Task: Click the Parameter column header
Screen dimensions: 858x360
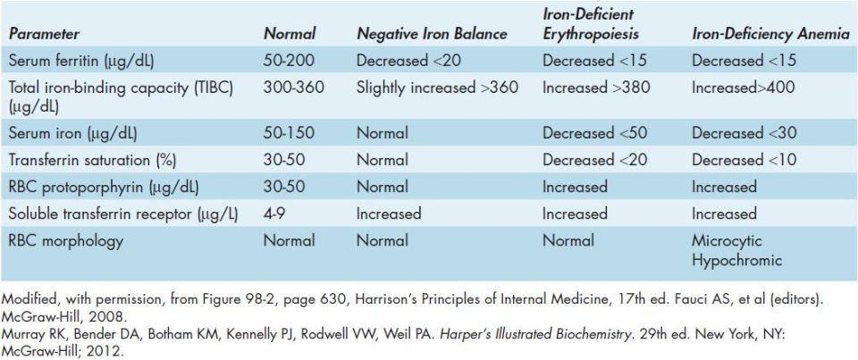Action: click(x=44, y=34)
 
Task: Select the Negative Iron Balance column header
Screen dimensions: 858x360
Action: click(x=432, y=34)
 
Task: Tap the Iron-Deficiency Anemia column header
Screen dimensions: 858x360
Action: click(x=771, y=34)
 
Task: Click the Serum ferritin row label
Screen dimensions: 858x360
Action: click(x=81, y=61)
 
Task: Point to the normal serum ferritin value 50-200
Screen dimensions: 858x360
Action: click(x=289, y=60)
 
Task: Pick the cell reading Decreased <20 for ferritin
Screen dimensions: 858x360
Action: click(x=408, y=60)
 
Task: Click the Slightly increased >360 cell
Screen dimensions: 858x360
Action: click(x=437, y=88)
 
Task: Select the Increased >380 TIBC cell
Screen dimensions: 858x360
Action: click(x=596, y=88)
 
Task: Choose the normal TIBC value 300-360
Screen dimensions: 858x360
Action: click(x=293, y=88)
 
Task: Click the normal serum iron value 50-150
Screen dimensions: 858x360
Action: click(x=289, y=133)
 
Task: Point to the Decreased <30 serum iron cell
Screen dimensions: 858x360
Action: click(x=744, y=133)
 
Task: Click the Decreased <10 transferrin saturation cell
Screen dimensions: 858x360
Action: click(x=744, y=160)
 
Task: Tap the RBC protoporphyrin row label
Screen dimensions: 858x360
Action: click(x=104, y=187)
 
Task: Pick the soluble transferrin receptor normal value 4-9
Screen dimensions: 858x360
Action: click(x=273, y=213)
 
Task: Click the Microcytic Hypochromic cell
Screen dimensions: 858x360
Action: click(x=737, y=250)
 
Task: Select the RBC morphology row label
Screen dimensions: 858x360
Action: click(x=65, y=240)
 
